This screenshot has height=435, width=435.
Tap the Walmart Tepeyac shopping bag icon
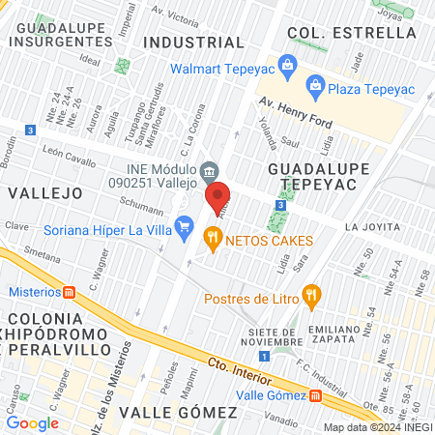pos(286,66)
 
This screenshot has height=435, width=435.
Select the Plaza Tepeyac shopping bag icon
pos(314,85)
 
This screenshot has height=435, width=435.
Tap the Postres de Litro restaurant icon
pos(310,296)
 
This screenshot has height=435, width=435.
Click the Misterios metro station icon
pos(69,292)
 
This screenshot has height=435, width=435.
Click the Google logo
pos(32,422)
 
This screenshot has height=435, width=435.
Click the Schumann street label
pos(140,206)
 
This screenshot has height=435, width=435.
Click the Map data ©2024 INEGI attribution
pos(377,427)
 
